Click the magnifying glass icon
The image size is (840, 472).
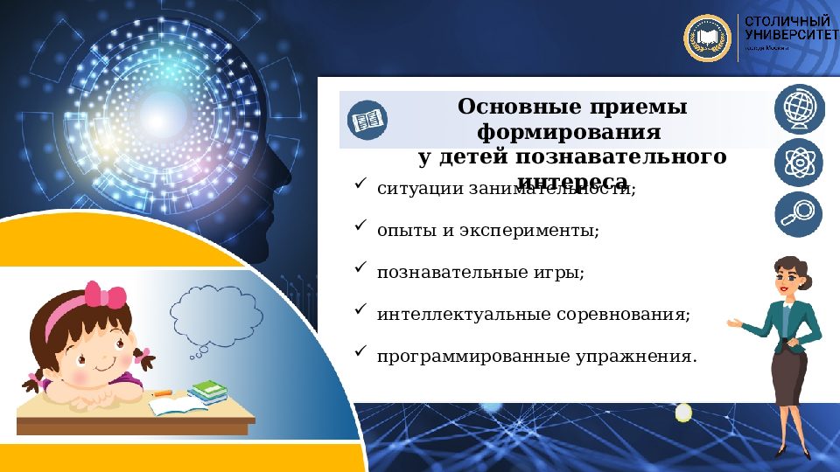[x=798, y=214]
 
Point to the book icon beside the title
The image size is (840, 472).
[x=366, y=120]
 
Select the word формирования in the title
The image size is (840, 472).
[x=569, y=133]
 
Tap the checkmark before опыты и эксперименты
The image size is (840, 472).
[x=359, y=226]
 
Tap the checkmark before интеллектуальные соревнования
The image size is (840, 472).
[x=359, y=309]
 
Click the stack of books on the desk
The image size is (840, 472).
[x=207, y=392]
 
